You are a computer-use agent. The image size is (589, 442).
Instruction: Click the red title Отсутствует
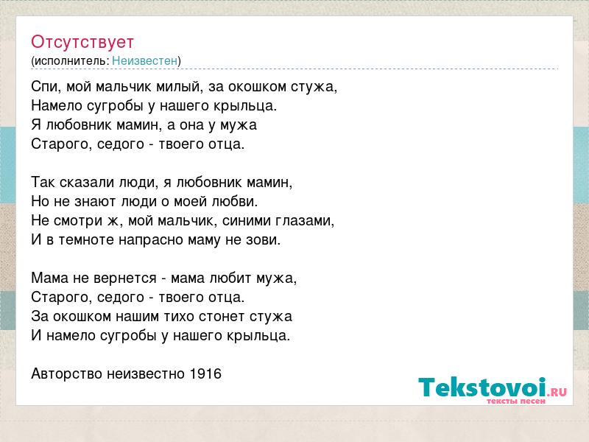click(x=82, y=42)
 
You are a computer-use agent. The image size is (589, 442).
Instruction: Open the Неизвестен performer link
click(x=144, y=60)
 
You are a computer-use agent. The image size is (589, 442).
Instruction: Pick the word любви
click(x=234, y=201)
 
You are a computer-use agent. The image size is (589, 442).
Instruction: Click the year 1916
click(x=205, y=373)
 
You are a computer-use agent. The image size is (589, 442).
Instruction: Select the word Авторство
click(x=66, y=374)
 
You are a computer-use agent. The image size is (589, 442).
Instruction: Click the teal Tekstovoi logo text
click(x=482, y=387)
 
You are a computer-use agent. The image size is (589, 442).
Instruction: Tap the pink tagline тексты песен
click(x=516, y=401)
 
